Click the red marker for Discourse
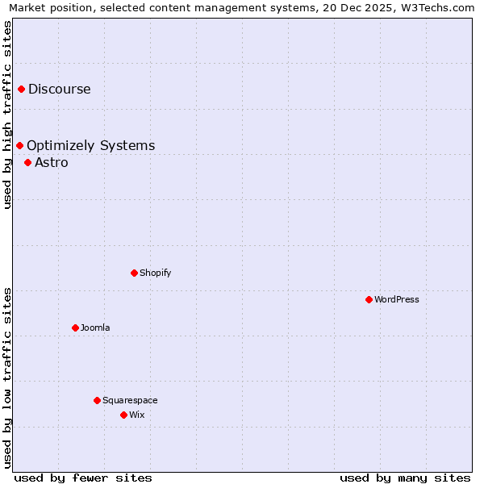click(22, 89)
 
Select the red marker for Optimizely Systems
click(20, 145)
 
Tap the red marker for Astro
click(28, 162)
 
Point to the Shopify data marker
click(134, 273)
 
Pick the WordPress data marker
click(369, 299)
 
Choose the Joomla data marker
click(75, 328)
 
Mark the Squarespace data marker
click(97, 400)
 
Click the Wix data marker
click(123, 415)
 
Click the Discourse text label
click(60, 89)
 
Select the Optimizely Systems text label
click(90, 145)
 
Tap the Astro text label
click(52, 162)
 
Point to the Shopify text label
click(156, 273)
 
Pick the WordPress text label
click(397, 299)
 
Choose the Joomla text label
click(95, 328)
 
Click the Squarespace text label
click(130, 400)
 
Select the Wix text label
click(137, 415)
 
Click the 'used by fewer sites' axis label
click(83, 478)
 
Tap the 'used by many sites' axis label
click(405, 478)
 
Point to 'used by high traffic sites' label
click(7, 115)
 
